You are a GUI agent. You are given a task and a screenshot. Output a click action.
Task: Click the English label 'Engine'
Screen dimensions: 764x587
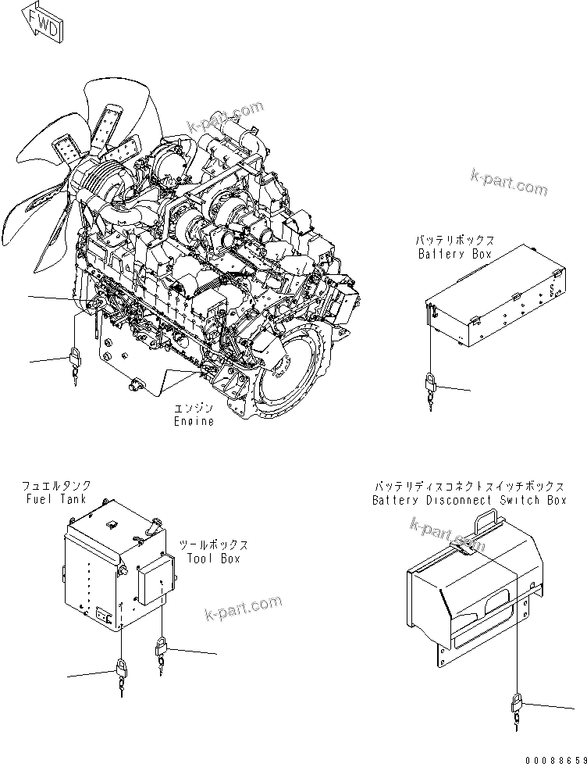coord(194,421)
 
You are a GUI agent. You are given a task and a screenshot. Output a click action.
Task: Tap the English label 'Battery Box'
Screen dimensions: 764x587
coord(455,254)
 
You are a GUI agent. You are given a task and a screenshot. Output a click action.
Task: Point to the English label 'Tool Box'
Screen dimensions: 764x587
coord(213,559)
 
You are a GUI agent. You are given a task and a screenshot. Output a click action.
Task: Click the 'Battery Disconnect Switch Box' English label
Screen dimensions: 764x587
coord(469,500)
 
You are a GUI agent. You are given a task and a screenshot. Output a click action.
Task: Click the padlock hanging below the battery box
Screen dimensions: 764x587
coord(430,385)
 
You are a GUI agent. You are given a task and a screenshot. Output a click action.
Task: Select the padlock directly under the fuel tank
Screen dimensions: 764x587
coord(123,670)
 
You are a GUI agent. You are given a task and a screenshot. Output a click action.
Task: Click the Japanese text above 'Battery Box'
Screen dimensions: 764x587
coord(455,241)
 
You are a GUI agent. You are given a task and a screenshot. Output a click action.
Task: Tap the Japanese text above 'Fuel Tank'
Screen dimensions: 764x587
coord(55,486)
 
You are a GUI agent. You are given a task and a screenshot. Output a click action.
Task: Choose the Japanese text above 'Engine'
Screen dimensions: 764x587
coord(193,409)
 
